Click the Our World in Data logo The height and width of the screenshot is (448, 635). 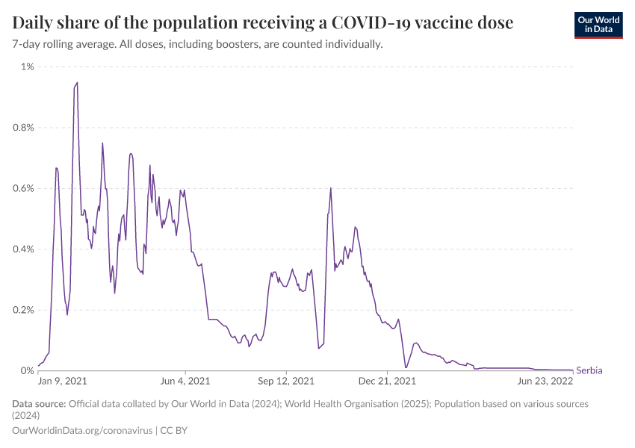(x=598, y=24)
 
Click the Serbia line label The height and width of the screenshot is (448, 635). (x=589, y=370)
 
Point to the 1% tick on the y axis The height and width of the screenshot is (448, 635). (x=27, y=67)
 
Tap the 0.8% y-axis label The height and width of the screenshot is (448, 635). (x=22, y=128)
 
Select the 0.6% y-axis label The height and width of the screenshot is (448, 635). (x=22, y=188)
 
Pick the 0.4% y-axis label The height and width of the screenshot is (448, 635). (x=22, y=249)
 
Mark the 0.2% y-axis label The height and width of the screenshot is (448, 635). (x=22, y=310)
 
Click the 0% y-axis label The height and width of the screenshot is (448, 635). (x=27, y=370)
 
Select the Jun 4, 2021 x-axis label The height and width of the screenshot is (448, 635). (x=185, y=382)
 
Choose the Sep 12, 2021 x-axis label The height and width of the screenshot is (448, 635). (x=287, y=382)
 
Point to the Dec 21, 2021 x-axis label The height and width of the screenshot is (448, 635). (x=388, y=382)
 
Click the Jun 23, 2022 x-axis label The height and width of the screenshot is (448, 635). (x=545, y=382)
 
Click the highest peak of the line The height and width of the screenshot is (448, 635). (x=77, y=83)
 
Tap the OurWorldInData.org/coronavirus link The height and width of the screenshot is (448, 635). (x=82, y=431)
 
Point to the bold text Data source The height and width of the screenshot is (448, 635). (x=39, y=404)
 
